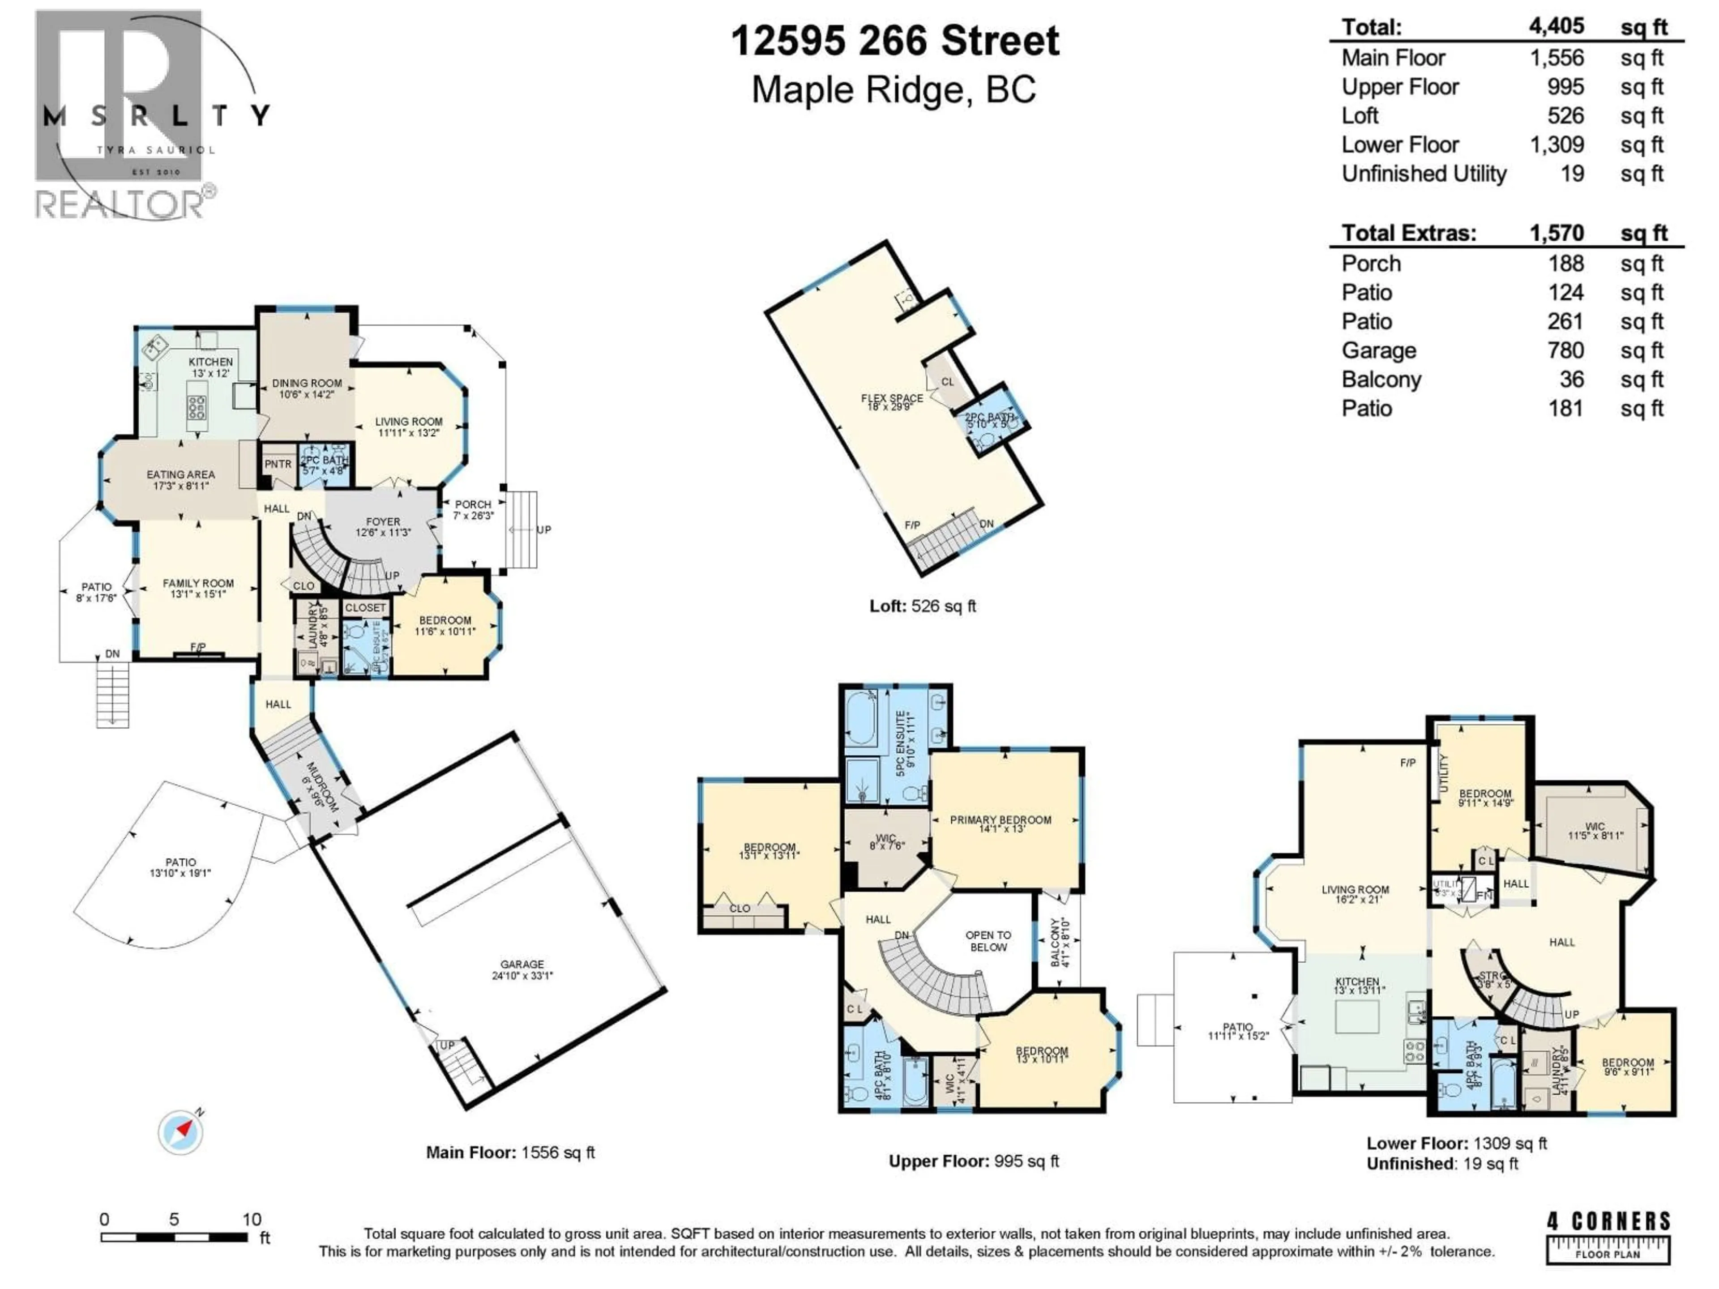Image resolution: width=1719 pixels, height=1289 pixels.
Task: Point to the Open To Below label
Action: click(988, 941)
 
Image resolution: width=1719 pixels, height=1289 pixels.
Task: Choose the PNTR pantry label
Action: click(278, 464)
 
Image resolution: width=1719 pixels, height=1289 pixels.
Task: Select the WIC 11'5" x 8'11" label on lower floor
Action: click(1595, 832)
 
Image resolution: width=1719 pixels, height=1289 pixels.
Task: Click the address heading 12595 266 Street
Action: click(894, 40)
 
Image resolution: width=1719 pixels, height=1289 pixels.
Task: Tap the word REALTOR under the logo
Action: click(119, 205)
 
